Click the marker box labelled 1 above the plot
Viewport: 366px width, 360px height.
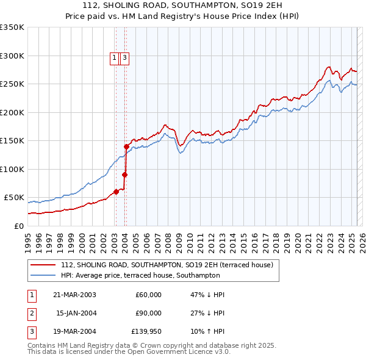[x=115, y=58]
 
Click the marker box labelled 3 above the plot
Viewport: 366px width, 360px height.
[x=124, y=58]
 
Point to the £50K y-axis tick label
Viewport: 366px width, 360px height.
[x=13, y=198]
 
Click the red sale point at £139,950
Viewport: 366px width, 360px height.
[x=126, y=146]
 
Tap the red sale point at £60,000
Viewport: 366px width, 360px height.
[x=116, y=192]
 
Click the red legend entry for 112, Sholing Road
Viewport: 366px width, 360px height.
[x=170, y=265]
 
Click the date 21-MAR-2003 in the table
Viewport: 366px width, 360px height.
[x=74, y=295]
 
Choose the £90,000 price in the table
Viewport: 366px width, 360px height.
[x=148, y=314]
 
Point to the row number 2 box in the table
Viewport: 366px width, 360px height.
[x=31, y=314]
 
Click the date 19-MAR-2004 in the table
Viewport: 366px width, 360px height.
[x=74, y=333]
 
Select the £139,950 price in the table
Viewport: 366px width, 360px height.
[x=146, y=333]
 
